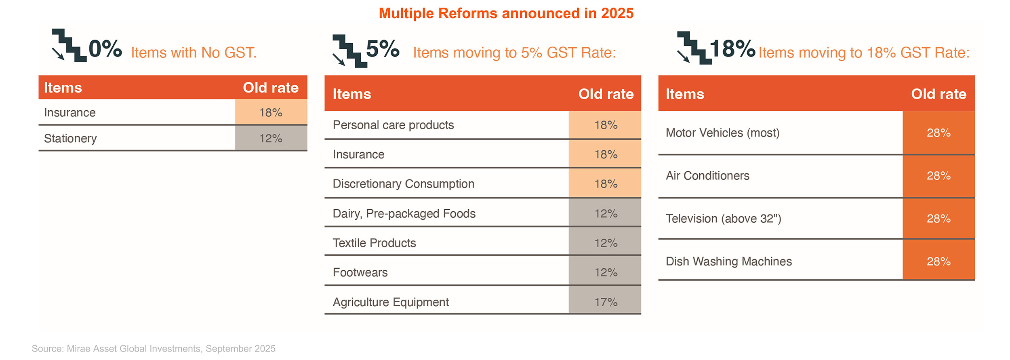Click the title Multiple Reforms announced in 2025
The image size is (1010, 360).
(x=506, y=13)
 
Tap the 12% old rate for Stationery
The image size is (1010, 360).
(x=271, y=138)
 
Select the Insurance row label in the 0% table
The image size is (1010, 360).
(x=70, y=112)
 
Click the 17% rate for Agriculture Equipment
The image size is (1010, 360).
(x=606, y=302)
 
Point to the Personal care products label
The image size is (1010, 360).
(x=393, y=125)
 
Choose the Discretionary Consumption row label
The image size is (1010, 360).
(x=403, y=184)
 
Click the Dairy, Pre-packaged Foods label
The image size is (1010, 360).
(x=404, y=213)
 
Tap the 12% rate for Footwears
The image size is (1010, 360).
(x=606, y=272)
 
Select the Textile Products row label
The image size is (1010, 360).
(x=374, y=243)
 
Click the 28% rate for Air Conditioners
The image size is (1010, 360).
(x=938, y=176)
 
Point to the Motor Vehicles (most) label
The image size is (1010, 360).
(x=722, y=133)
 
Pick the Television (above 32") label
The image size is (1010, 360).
(x=723, y=219)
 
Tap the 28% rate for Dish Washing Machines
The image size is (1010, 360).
(x=938, y=261)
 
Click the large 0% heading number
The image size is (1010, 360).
(x=105, y=49)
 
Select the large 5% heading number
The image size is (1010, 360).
(x=383, y=49)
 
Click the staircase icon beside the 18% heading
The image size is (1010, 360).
(x=693, y=48)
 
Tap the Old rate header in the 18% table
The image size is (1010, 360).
(x=938, y=94)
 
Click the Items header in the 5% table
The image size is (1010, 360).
(x=351, y=94)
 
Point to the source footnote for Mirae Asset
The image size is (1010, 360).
(x=154, y=348)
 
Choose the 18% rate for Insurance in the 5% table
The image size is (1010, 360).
(x=606, y=154)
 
